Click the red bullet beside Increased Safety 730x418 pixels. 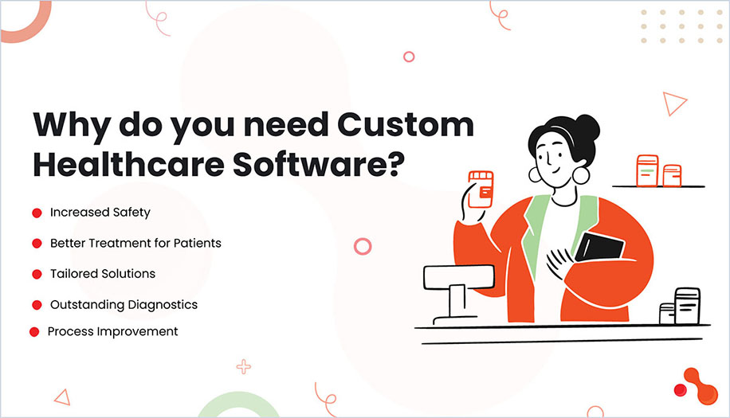pos(37,213)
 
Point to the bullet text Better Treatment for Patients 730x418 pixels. pos(135,243)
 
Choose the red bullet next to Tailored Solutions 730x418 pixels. pos(37,274)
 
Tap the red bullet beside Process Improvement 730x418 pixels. pos(34,331)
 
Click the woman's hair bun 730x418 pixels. pos(587,127)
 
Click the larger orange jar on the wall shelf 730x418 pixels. pos(646,170)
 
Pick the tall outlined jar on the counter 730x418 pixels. pos(687,306)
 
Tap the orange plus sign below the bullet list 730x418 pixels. pos(243,366)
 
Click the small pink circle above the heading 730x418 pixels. pos(409,57)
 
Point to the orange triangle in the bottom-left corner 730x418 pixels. pos(61,396)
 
